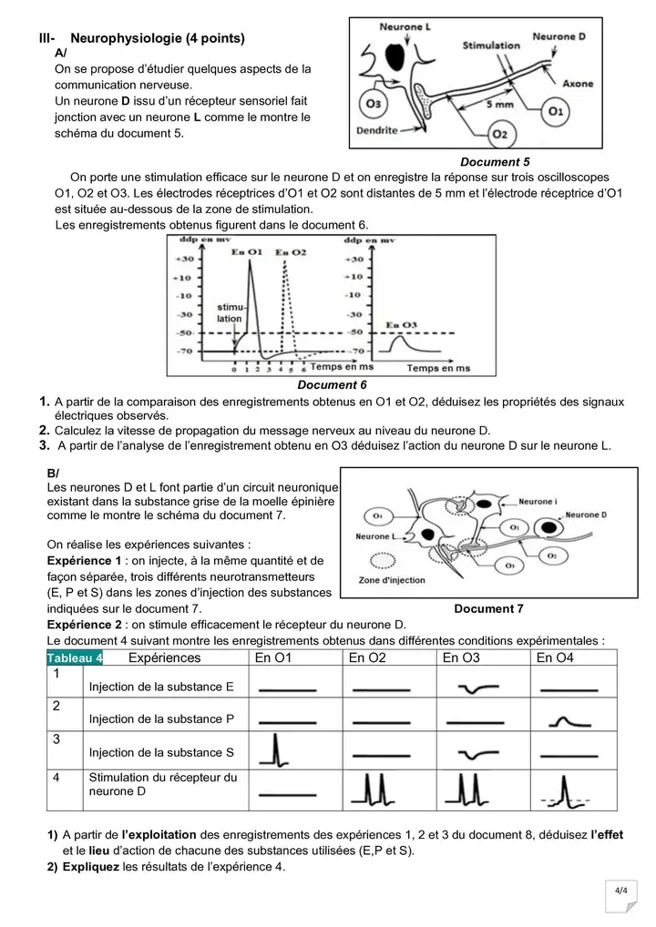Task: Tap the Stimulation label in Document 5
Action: pyautogui.click(x=491, y=45)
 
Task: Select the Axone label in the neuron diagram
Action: pyautogui.click(x=578, y=84)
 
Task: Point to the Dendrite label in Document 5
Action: pyautogui.click(x=376, y=130)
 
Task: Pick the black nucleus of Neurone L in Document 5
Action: pyautogui.click(x=397, y=56)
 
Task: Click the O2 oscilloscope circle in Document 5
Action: pyautogui.click(x=498, y=134)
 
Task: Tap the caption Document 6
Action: pyautogui.click(x=333, y=385)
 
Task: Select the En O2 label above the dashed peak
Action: pyautogui.click(x=291, y=251)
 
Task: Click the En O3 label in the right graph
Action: pyautogui.click(x=402, y=324)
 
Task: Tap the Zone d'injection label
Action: pyautogui.click(x=390, y=580)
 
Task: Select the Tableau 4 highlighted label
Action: pyautogui.click(x=75, y=658)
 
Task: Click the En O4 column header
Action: pyautogui.click(x=555, y=658)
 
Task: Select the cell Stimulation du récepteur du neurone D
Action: pyautogui.click(x=162, y=784)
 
